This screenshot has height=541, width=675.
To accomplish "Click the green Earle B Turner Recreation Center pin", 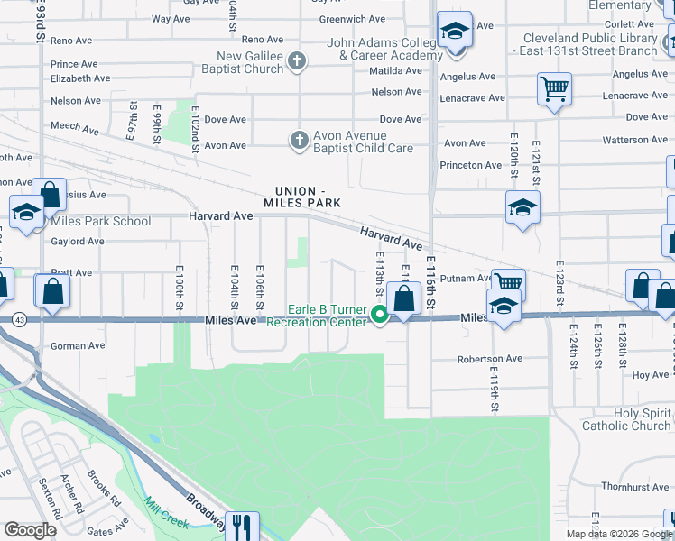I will tap(381, 315).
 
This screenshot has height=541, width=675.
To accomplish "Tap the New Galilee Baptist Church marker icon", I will tap(299, 62).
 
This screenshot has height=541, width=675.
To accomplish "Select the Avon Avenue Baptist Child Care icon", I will tap(299, 141).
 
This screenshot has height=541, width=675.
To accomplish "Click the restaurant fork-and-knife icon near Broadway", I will tap(242, 526).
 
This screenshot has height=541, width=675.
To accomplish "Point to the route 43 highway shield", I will tap(19, 319).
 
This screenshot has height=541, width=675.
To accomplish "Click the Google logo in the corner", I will tap(30, 529).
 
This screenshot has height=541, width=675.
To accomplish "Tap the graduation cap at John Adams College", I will tap(455, 32).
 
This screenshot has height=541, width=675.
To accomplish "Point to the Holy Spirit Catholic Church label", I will tap(626, 419).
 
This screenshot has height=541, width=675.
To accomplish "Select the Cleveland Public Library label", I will tap(588, 44).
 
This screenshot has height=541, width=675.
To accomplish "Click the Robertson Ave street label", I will tap(490, 358).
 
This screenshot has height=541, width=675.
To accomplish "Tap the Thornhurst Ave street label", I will tap(636, 487).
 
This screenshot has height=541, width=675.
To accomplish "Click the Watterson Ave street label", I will tap(635, 140).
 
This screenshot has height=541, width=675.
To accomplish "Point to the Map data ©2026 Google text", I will tap(619, 534).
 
